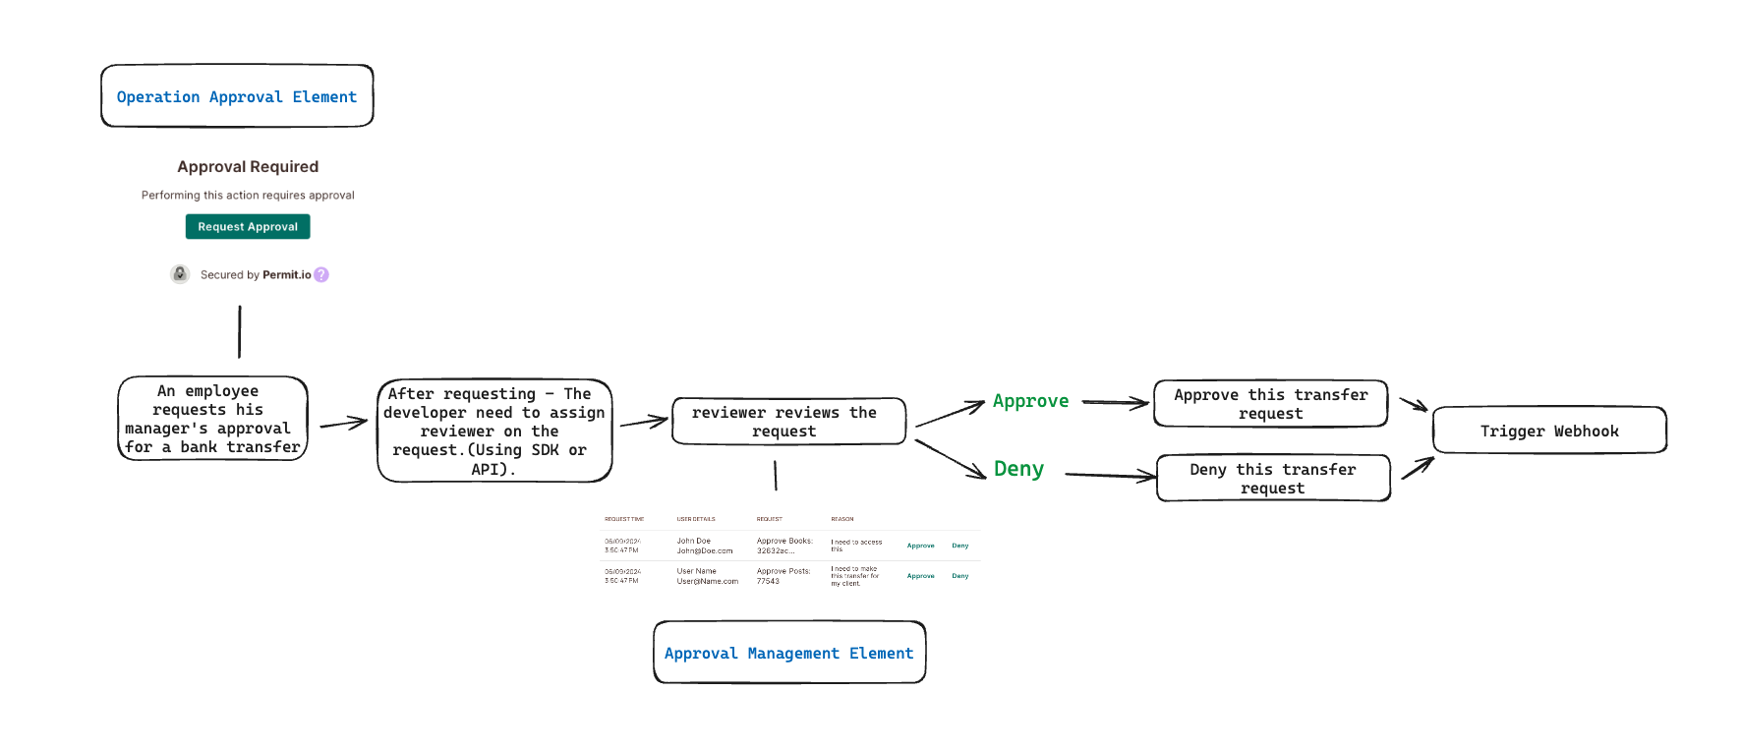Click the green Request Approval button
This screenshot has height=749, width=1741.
pos(248,227)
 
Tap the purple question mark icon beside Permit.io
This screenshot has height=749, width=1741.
pos(321,275)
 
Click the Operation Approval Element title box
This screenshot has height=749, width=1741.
pos(237,96)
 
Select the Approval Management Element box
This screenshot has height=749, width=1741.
pos(789,653)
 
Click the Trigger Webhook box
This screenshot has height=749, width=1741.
pos(1549,431)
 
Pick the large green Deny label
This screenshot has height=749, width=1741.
pos(1018,469)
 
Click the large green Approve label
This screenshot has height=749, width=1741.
pos(1030,401)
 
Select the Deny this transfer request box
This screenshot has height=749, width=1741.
pos(1273,479)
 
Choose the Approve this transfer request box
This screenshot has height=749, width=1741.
pos(1270,404)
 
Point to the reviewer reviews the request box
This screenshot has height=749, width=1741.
pos(788,422)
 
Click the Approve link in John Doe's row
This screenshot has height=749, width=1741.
pos(920,546)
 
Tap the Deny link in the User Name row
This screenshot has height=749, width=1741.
pos(960,576)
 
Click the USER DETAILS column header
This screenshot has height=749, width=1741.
pos(696,519)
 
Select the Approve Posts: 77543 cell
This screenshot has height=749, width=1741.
pos(783,576)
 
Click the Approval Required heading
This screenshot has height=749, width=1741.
pos(248,167)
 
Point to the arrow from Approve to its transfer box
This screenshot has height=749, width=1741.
pos(1115,402)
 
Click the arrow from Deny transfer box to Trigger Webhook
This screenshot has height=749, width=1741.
pos(1417,467)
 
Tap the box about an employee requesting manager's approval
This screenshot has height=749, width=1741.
pos(212,419)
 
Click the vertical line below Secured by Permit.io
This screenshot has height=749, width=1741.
pos(240,332)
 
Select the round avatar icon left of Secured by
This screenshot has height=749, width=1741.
pos(180,274)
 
